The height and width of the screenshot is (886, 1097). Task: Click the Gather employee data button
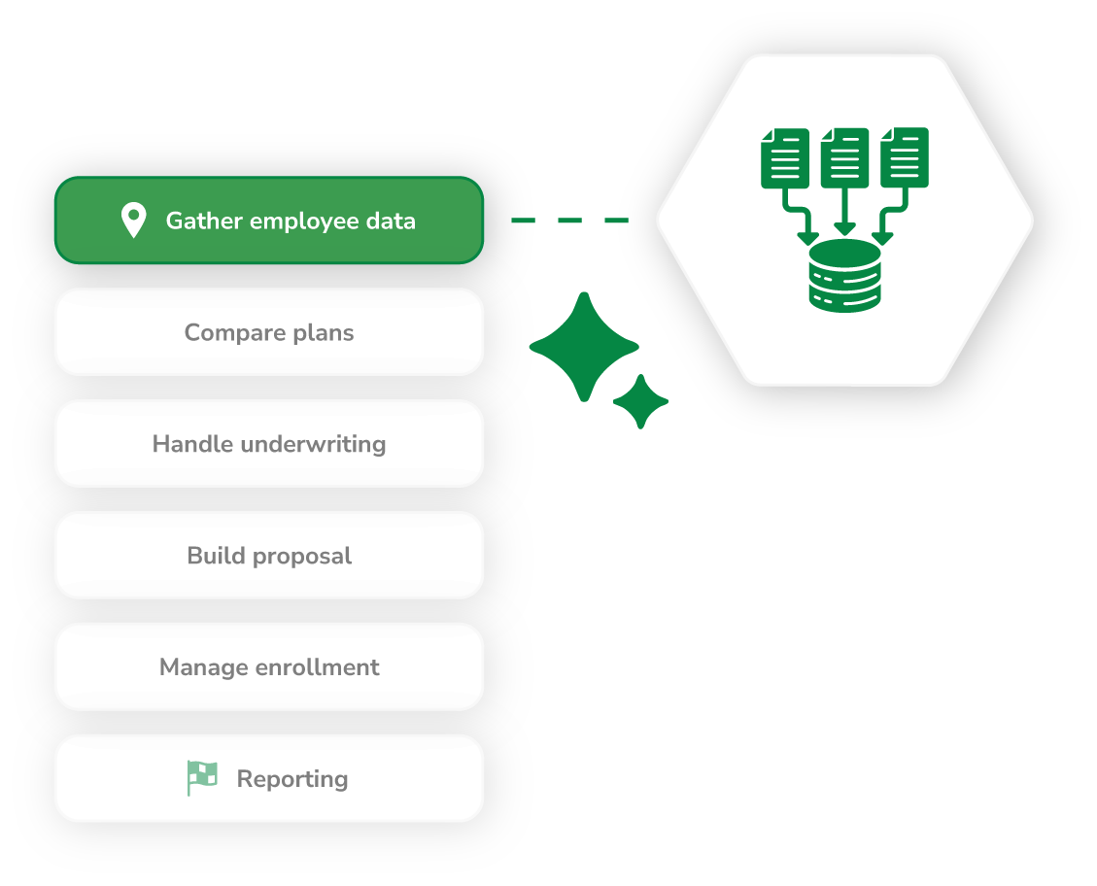[268, 221]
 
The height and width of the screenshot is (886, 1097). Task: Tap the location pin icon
[133, 221]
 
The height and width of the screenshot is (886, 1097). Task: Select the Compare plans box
[268, 332]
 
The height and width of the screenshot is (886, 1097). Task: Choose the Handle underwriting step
[268, 444]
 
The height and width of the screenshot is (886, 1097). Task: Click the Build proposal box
[268, 556]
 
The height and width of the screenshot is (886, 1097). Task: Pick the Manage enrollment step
[268, 667]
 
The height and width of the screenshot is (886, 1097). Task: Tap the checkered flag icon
[202, 778]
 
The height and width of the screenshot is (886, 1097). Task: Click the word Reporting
[292, 779]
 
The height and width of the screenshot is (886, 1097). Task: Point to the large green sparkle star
[583, 347]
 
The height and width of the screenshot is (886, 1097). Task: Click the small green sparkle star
[640, 401]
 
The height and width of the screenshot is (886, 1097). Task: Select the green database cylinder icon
[844, 277]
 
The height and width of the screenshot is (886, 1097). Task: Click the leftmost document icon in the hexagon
[784, 157]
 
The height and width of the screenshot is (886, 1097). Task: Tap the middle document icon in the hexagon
[844, 157]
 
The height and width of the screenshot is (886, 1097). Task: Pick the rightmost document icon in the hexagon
[905, 157]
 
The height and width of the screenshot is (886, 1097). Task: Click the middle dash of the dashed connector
[569, 221]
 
